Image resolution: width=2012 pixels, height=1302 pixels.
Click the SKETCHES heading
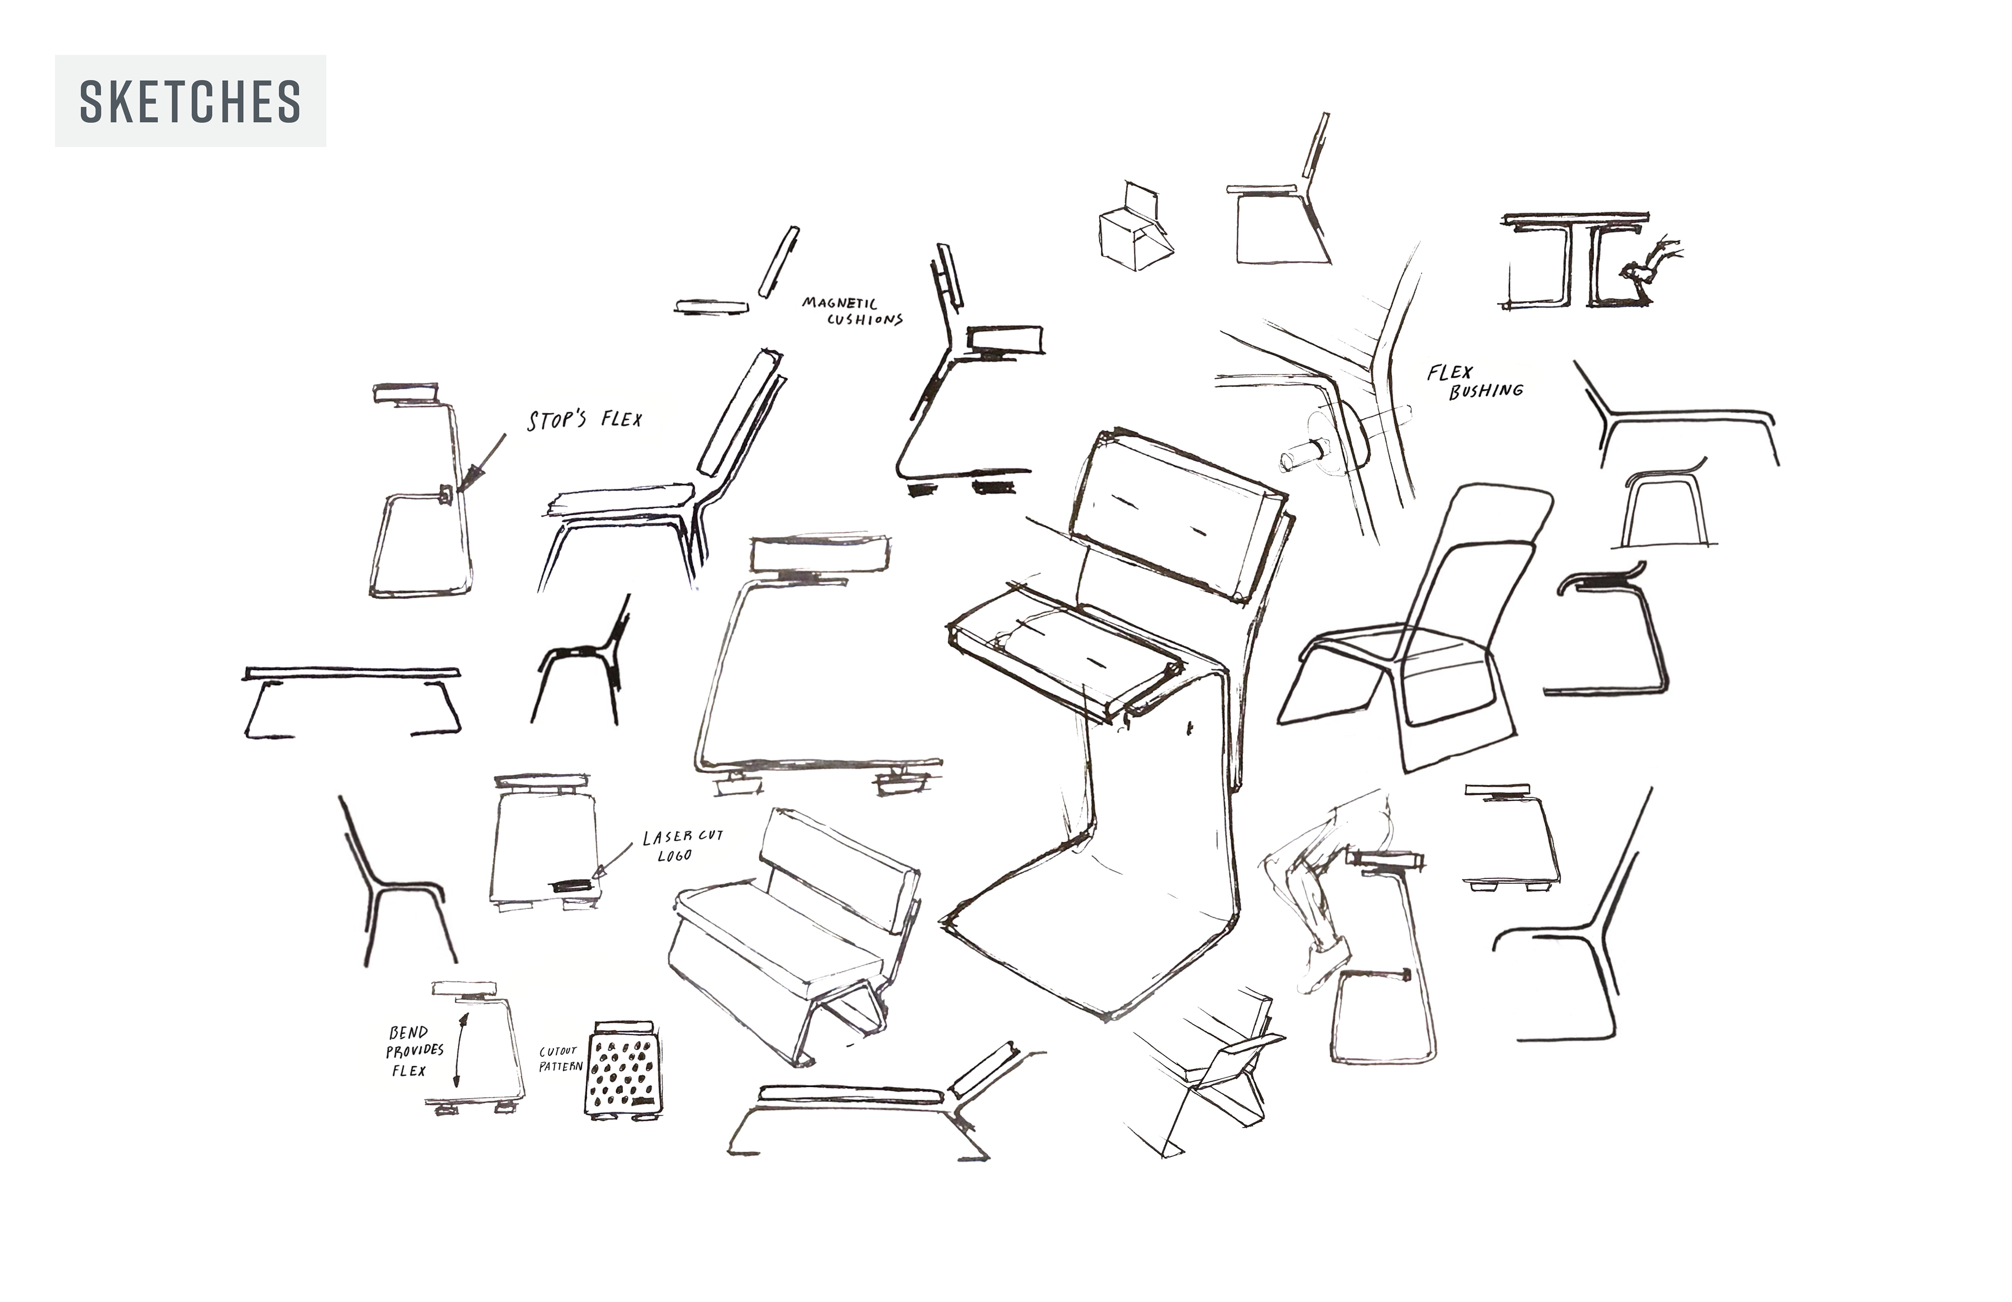(x=190, y=102)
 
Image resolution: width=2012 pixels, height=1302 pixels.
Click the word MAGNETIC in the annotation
(x=839, y=303)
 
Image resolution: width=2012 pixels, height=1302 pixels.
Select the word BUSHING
(x=1485, y=391)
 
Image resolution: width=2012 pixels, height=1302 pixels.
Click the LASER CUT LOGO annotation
(x=681, y=845)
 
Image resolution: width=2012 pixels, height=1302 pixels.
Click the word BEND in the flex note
(x=408, y=1032)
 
